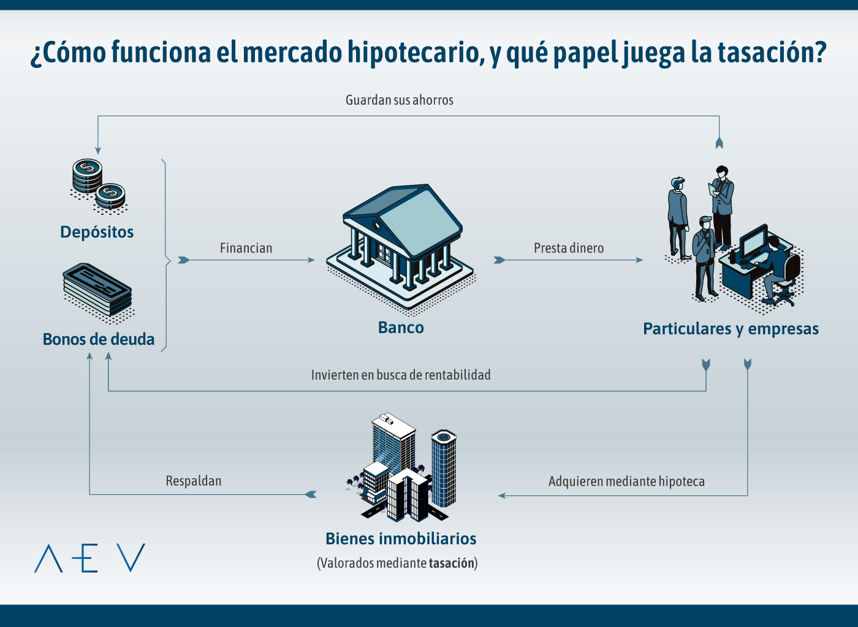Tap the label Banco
click(x=401, y=328)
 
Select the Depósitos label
click(x=97, y=232)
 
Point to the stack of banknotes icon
click(x=98, y=291)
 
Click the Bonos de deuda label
click(x=99, y=339)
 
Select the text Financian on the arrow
click(x=246, y=248)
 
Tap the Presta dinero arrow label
click(x=568, y=248)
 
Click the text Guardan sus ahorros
click(x=399, y=100)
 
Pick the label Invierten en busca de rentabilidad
click(x=401, y=375)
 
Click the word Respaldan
click(x=193, y=481)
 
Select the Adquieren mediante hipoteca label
click(x=626, y=481)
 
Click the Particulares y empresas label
click(x=731, y=329)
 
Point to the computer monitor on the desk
click(x=753, y=242)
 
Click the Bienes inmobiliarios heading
click(x=401, y=539)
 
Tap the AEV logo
click(x=89, y=558)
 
